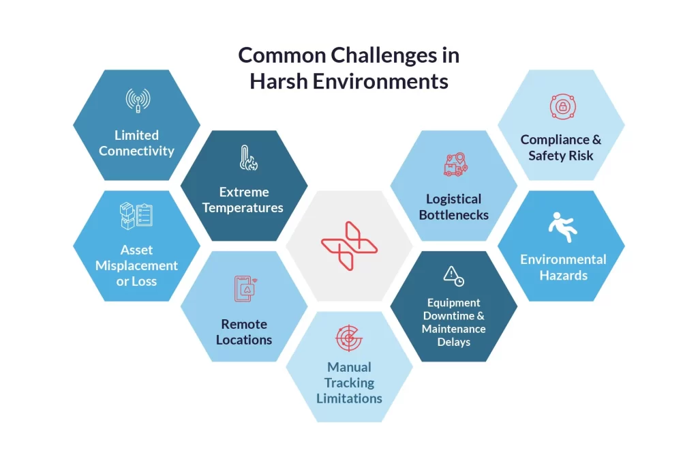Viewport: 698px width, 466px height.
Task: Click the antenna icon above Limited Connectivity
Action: (x=138, y=100)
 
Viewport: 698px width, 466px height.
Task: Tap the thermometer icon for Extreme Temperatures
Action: (x=248, y=158)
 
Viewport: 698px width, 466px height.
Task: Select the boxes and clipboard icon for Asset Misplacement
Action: (x=136, y=216)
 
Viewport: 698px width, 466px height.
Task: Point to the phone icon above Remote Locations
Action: (x=245, y=288)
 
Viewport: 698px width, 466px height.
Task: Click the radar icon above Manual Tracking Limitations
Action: (x=349, y=338)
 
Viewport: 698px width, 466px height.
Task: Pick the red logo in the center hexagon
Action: (x=350, y=246)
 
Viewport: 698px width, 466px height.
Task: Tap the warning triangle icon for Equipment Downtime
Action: (x=453, y=276)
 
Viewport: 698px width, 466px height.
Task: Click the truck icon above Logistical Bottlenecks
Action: (x=455, y=164)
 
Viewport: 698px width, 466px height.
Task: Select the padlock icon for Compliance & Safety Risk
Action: (x=562, y=106)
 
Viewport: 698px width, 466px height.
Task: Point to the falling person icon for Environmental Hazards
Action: (x=562, y=227)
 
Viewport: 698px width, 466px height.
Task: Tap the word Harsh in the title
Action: (x=279, y=81)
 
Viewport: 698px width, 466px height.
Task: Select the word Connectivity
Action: (x=136, y=151)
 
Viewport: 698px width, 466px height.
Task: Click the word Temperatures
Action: (x=243, y=207)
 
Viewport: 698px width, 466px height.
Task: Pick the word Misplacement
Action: (x=136, y=265)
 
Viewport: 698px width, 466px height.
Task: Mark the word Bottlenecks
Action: (x=453, y=215)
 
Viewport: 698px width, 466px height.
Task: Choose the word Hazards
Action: (x=564, y=276)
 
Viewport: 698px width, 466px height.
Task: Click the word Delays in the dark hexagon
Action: (x=453, y=342)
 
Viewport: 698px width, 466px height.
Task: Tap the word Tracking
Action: (x=349, y=383)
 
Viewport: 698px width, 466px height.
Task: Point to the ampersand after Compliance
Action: (x=596, y=140)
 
